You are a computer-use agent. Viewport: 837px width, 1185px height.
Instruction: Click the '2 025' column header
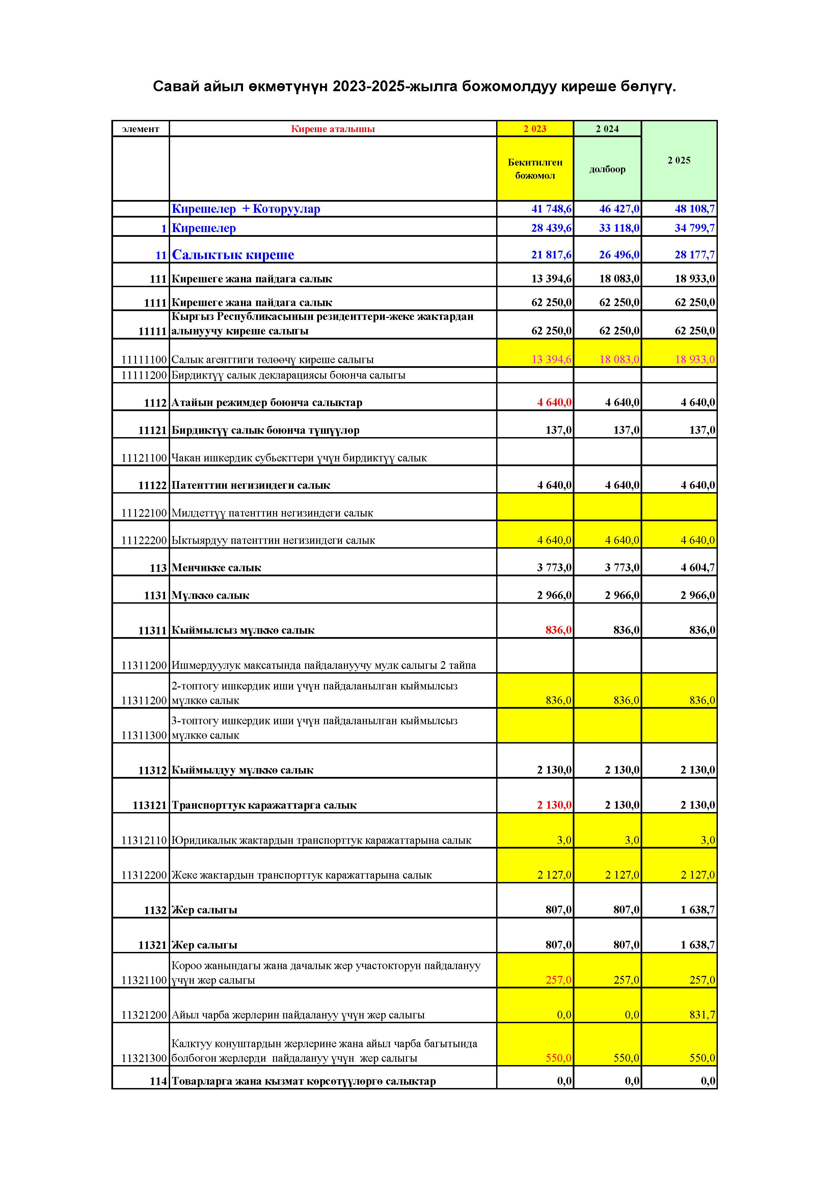[x=679, y=160]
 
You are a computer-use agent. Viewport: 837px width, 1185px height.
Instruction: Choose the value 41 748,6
[x=551, y=209]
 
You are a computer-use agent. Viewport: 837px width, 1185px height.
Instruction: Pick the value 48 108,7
[x=694, y=209]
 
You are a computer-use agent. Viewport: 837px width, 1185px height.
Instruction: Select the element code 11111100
[x=144, y=360]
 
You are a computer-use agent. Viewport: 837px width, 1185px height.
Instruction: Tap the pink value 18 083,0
[x=619, y=360]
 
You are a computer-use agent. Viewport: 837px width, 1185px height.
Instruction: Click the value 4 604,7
[x=697, y=568]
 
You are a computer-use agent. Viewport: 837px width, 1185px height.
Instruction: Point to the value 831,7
[x=702, y=1015]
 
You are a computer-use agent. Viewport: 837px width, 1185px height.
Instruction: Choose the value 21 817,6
[x=551, y=255]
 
